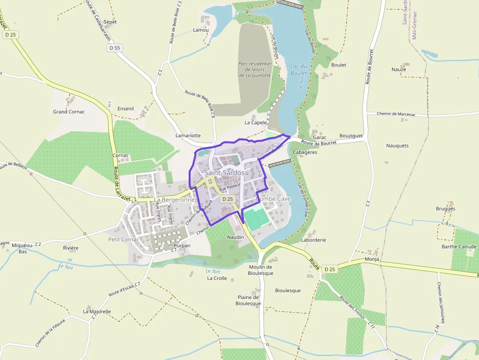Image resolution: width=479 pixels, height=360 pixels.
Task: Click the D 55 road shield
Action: pos(114,48)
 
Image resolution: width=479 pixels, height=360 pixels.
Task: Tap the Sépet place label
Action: pos(110,22)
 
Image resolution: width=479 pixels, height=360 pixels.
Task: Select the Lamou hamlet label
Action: pos(201,30)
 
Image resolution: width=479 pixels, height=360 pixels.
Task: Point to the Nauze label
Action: pos(398,69)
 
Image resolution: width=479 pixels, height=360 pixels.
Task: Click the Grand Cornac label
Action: pos(69,112)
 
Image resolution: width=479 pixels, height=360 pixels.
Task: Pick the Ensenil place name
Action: pos(126,108)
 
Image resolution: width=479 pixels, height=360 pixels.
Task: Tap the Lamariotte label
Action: pos(188,135)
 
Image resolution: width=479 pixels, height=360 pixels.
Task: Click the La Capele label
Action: pos(256,123)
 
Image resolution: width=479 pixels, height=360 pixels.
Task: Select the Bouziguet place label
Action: pos(351,137)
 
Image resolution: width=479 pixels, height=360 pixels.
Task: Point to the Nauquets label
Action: pos(397,146)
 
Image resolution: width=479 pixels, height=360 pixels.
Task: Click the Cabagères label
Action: pos(305,152)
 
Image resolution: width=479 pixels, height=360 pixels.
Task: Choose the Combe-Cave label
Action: pos(273,199)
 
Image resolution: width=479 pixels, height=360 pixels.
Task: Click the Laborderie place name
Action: pos(313,240)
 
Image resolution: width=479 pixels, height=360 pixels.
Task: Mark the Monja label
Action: pos(372,259)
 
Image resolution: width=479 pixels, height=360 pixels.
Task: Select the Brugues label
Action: pos(445,209)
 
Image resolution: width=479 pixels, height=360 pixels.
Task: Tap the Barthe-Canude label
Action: pos(458,247)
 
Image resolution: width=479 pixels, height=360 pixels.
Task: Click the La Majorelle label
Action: pos(97,311)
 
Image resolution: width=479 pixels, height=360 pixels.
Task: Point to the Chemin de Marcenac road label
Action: pos(396,114)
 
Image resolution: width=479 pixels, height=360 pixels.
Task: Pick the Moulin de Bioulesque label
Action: pos(260,270)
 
